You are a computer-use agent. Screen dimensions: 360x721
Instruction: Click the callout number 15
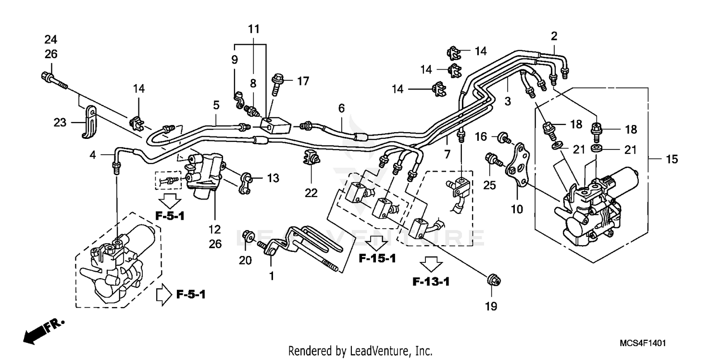(671, 159)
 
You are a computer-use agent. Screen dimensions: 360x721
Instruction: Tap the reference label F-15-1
(378, 259)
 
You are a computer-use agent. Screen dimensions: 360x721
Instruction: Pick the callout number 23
(60, 123)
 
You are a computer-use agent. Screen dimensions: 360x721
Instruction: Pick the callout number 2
(554, 36)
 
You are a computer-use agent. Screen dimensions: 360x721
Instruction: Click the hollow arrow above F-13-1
(430, 264)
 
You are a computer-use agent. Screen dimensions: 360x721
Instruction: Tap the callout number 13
(273, 178)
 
